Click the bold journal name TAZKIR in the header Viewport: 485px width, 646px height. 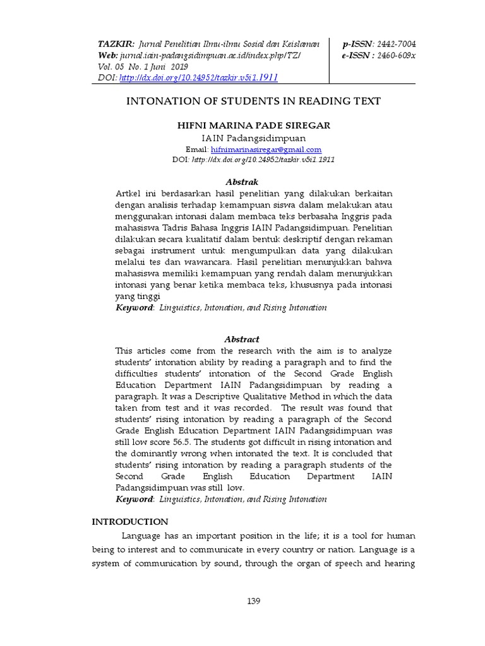tap(116, 44)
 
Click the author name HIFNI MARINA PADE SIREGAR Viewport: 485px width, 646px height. tap(253, 126)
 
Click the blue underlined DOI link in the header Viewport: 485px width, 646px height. tap(198, 78)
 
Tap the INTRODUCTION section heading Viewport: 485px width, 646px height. tap(130, 522)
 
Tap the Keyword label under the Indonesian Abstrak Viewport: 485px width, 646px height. tap(135, 307)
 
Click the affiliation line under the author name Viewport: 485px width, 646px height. tap(253, 138)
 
